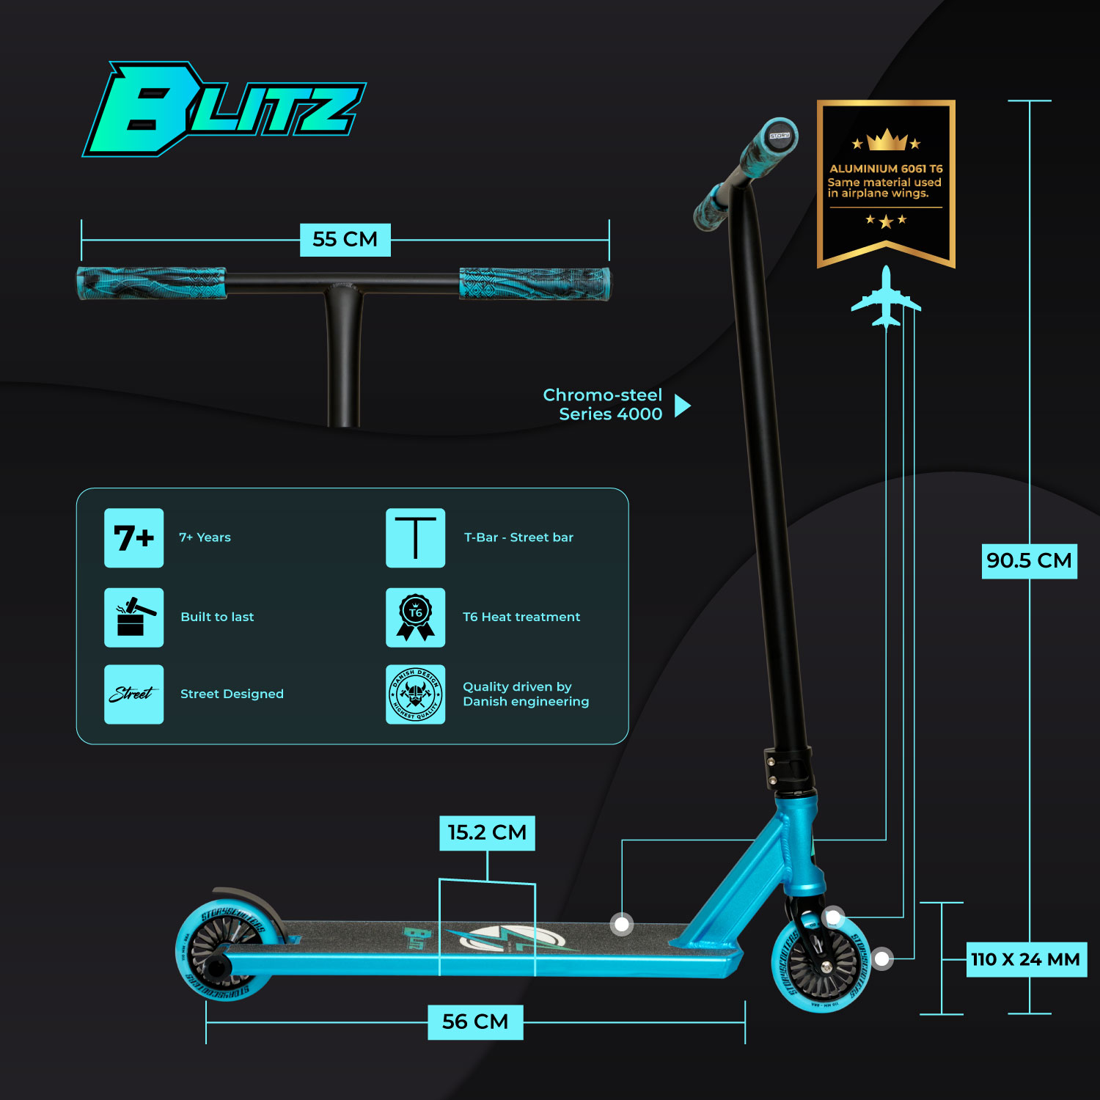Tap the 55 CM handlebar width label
click(x=345, y=240)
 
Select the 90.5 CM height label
click(x=1029, y=561)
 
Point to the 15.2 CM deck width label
click(x=487, y=833)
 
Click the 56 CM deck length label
click(x=475, y=1022)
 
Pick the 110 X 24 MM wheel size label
click(x=1025, y=959)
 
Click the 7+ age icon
click(x=133, y=538)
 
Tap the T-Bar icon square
click(x=415, y=538)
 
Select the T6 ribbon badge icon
click(x=415, y=617)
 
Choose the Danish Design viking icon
click(x=415, y=694)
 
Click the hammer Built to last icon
click(x=133, y=617)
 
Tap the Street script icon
click(x=133, y=694)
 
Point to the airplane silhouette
click(x=886, y=297)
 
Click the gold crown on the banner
click(x=886, y=139)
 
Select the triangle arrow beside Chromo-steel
click(x=682, y=406)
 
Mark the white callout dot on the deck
click(x=622, y=924)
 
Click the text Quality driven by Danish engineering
click(x=525, y=694)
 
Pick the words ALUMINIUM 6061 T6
click(x=886, y=169)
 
